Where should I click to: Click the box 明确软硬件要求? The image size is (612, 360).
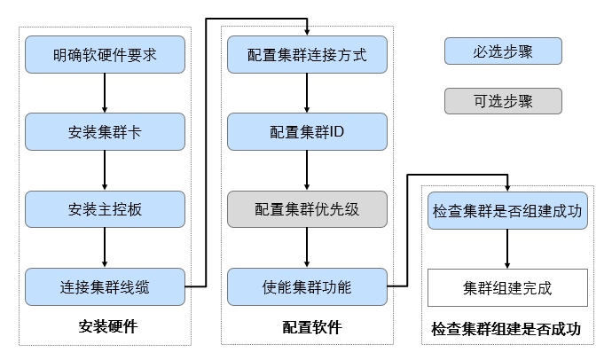[x=106, y=55]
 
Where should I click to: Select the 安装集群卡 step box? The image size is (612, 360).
[x=106, y=132]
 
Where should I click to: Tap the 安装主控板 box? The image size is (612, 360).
[x=106, y=209]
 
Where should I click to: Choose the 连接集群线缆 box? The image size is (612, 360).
[x=106, y=286]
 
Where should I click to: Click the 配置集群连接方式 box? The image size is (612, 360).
[x=308, y=55]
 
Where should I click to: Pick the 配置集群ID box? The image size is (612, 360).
[x=308, y=132]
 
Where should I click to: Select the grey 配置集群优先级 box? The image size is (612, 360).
[x=308, y=209]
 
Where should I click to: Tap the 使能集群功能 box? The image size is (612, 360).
[x=308, y=286]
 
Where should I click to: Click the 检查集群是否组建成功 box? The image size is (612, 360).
[x=508, y=211]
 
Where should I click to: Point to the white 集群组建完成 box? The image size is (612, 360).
[x=508, y=287]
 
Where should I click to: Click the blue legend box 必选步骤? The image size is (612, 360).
[x=503, y=51]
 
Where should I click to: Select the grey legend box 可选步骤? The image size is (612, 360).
[x=503, y=101]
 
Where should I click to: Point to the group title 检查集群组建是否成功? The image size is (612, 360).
[x=506, y=329]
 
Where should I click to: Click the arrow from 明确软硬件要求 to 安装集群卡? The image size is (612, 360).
[x=106, y=93]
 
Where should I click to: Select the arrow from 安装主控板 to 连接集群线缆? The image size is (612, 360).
[x=106, y=248]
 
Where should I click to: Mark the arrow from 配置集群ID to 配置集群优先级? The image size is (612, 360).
[x=308, y=170]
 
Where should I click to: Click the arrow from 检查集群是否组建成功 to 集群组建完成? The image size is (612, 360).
[x=508, y=249]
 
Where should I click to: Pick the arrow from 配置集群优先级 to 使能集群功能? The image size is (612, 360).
[x=308, y=248]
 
